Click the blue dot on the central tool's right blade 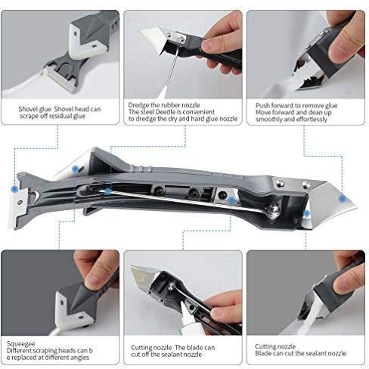coord(342,197)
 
